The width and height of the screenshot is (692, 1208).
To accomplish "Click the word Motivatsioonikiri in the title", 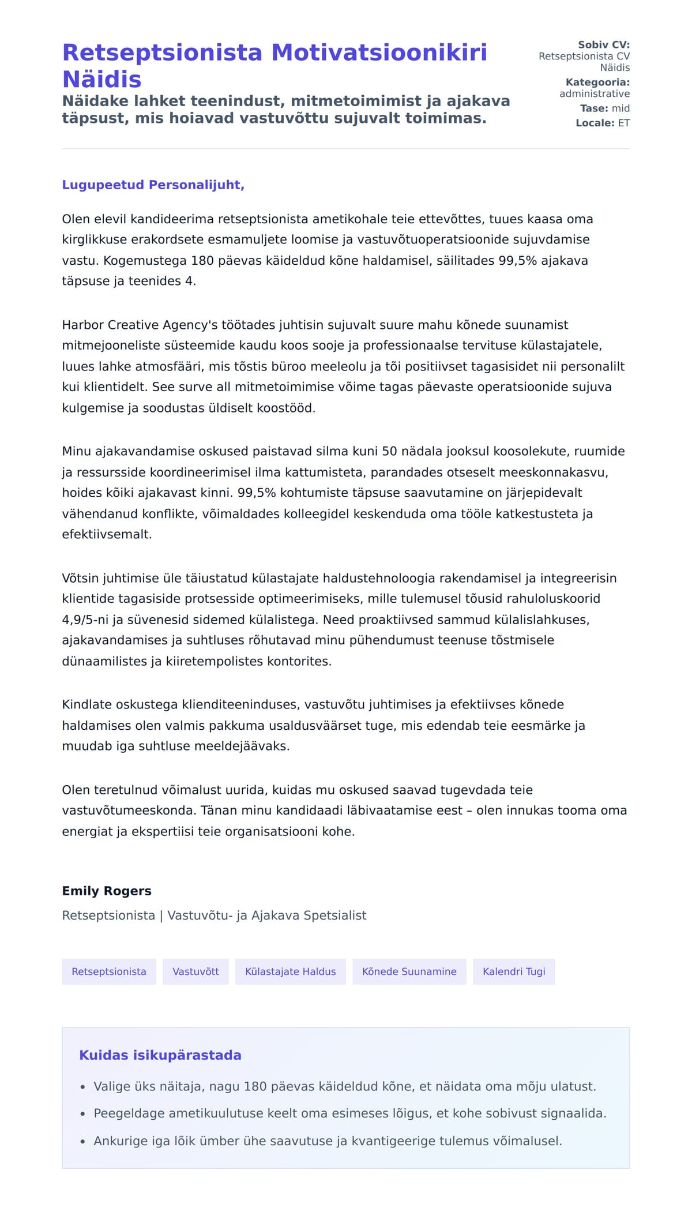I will [x=379, y=52].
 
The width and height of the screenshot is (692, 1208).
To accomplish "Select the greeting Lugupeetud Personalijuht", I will [x=153, y=185].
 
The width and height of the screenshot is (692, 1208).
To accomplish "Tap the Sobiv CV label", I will [x=604, y=44].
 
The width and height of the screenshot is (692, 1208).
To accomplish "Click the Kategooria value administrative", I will [x=594, y=93].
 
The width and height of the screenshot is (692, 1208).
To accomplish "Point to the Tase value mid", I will [x=620, y=108].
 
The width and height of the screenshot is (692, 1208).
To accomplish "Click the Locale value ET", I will [x=623, y=123].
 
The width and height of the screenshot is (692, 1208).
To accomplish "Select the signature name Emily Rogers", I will [x=107, y=891].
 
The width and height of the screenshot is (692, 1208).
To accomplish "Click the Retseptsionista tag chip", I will [x=109, y=971].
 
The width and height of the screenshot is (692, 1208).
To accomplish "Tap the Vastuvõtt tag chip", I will [x=195, y=971].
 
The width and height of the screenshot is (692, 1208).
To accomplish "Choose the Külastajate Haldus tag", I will [x=290, y=971].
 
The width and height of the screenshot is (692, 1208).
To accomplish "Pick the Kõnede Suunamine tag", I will [x=409, y=971].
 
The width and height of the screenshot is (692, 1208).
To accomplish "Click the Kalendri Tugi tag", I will [x=513, y=971].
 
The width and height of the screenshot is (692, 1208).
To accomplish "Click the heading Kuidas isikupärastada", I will [x=160, y=1055].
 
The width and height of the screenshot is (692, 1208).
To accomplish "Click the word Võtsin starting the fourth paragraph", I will [x=81, y=578].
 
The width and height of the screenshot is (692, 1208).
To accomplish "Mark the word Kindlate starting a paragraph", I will [x=87, y=704].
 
